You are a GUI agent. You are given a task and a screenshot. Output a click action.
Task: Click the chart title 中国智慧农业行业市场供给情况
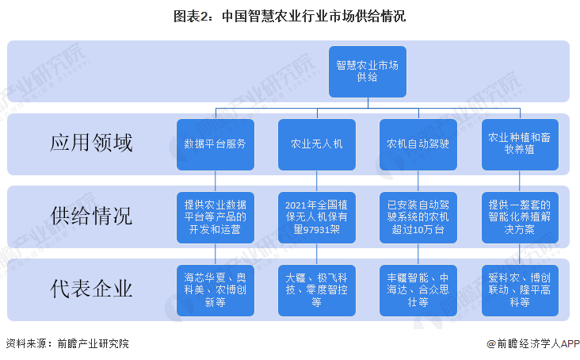tap(290, 17)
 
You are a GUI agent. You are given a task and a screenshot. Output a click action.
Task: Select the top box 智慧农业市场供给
tap(368, 72)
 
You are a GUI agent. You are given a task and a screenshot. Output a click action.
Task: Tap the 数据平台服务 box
tap(216, 144)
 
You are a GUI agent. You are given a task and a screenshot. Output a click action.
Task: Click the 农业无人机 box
tap(317, 144)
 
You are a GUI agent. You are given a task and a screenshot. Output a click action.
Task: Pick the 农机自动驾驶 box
tap(418, 144)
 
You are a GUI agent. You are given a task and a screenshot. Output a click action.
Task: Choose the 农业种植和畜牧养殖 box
tap(520, 144)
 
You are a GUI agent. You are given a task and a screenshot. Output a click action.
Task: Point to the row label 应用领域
tap(91, 143)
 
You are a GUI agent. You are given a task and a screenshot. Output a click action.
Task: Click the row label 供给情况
tap(91, 216)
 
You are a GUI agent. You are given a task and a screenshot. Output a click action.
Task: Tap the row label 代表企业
tap(91, 289)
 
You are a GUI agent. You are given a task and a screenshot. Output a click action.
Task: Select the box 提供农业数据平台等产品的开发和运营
tap(216, 217)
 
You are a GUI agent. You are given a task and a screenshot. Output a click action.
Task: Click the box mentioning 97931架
tap(317, 217)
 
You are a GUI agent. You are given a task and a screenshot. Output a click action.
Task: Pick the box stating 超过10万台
tap(418, 217)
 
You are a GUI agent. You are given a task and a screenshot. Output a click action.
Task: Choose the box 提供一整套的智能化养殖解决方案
tap(520, 217)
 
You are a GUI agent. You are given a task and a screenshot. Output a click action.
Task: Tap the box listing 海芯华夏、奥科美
tap(216, 290)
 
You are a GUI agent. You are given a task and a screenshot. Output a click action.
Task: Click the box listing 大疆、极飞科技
tap(317, 290)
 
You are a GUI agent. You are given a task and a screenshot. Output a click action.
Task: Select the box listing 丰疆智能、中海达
tap(418, 290)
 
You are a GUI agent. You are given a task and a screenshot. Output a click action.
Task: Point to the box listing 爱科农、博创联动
tap(520, 290)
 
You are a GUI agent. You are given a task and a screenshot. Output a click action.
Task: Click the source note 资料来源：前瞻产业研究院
tap(67, 343)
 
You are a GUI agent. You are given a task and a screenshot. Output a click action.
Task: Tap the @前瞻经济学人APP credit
tap(533, 343)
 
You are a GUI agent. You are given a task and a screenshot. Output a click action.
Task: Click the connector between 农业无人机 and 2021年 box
tap(317, 182)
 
